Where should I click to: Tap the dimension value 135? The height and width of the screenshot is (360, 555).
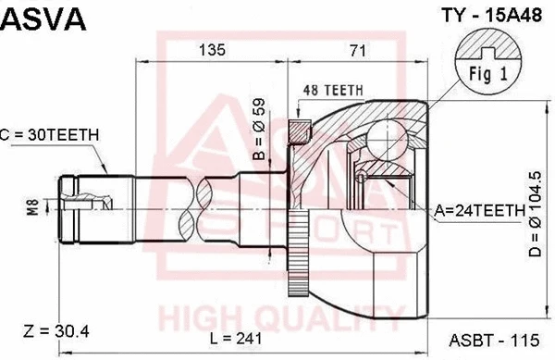(x=213, y=51)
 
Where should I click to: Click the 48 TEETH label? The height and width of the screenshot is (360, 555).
(x=332, y=90)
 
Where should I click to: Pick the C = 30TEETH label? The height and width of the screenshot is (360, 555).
(x=50, y=135)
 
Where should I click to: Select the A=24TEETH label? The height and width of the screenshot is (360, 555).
(x=480, y=212)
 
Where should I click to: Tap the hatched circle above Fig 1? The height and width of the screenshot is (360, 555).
(x=488, y=43)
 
